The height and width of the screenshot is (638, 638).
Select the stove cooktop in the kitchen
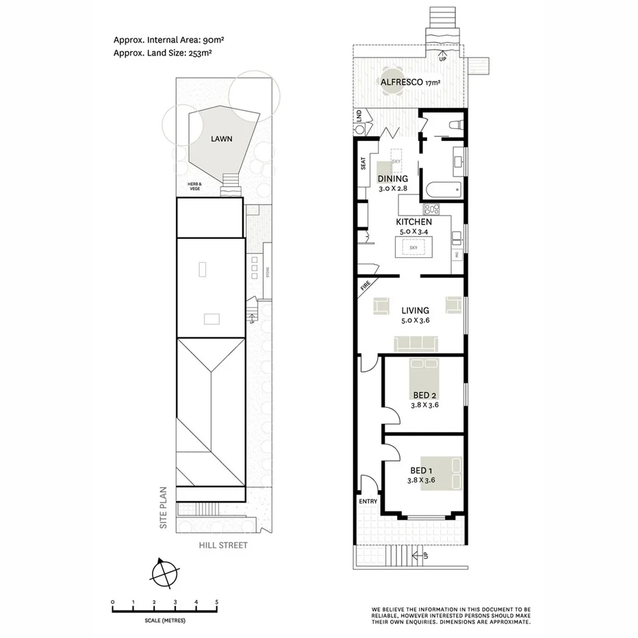coord(433,209)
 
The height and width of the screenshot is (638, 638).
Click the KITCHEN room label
coord(413,222)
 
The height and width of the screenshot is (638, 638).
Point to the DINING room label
coord(392,179)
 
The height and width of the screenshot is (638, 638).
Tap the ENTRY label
coord(368,502)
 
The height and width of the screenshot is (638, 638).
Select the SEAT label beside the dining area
coord(363,164)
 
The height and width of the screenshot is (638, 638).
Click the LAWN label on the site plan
coord(221,138)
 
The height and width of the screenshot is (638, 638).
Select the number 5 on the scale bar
coord(216,602)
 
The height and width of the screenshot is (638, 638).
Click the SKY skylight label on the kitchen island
coord(413,247)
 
